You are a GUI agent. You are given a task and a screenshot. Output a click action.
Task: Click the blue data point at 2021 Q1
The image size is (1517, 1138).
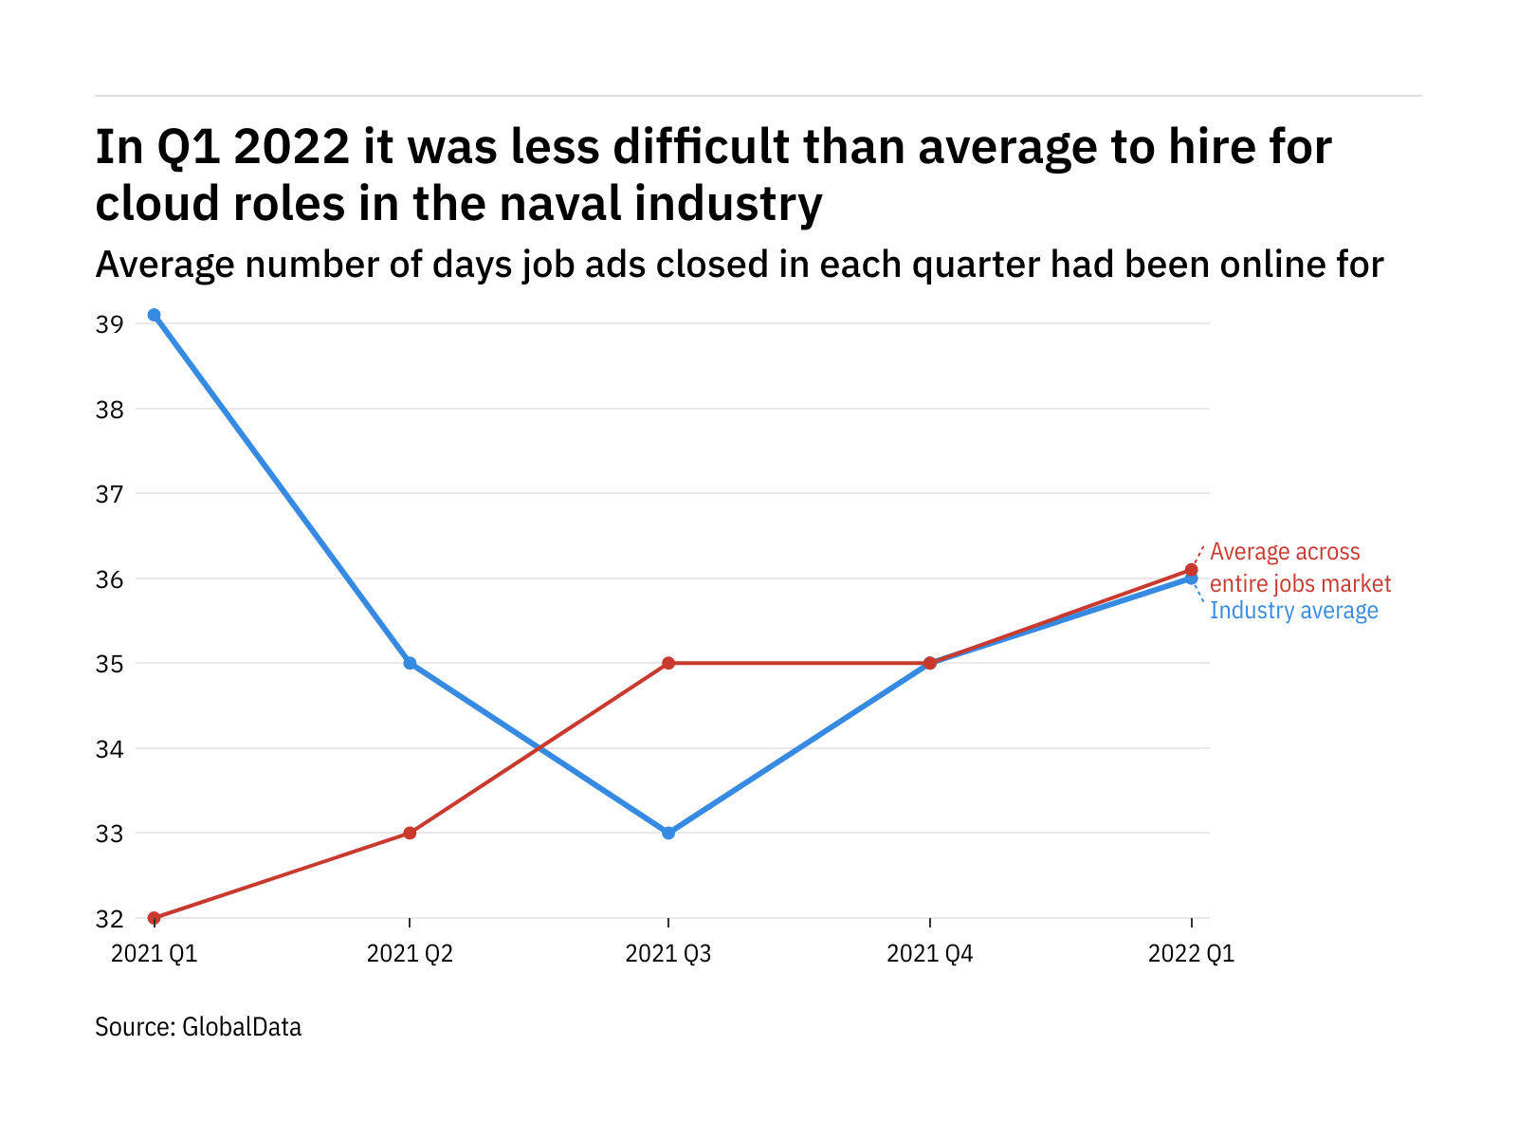coord(154,315)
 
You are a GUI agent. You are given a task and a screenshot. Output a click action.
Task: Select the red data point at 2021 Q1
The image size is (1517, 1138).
coord(154,918)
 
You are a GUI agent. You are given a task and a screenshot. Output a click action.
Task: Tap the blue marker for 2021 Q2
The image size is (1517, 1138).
coord(410,663)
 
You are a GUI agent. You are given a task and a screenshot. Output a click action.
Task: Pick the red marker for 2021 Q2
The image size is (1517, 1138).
coord(410,833)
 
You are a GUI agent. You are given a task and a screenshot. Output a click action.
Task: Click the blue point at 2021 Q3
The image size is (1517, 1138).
coord(668,833)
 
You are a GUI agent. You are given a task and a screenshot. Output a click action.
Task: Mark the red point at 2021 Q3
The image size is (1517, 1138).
coord(668,663)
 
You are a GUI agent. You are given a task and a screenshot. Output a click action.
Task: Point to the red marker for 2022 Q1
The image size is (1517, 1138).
coord(1192,570)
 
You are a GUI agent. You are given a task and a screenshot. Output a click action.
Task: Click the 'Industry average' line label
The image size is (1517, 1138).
coord(1293,611)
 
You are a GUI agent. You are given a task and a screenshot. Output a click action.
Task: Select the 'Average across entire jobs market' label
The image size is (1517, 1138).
coord(1300,567)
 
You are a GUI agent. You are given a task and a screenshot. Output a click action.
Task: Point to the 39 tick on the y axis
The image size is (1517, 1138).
coord(109,324)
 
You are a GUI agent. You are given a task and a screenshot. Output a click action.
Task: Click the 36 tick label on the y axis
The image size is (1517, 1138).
coord(109,579)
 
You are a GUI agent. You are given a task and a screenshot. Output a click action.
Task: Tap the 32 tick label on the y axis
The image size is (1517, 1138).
coord(109,919)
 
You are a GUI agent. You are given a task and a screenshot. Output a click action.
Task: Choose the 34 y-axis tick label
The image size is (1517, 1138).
coord(109,749)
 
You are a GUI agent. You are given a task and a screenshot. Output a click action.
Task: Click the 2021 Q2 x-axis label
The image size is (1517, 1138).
coord(410,953)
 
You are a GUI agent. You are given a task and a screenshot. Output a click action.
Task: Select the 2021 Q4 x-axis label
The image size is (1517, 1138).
coord(929,953)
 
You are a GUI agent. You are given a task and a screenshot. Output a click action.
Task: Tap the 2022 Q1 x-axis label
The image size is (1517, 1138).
coord(1191,953)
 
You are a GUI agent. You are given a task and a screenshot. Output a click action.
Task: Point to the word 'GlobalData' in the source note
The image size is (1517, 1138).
coord(242,1027)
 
